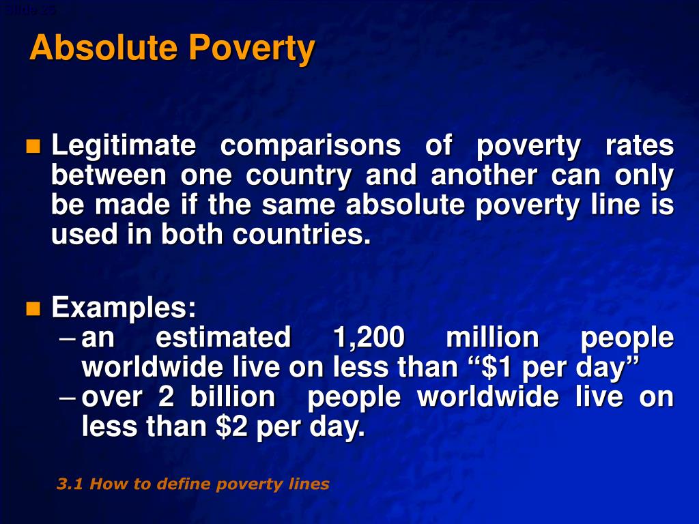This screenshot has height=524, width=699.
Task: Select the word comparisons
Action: point(311,145)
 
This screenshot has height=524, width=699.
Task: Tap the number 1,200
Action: point(368,338)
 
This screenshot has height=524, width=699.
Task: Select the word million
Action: point(491,338)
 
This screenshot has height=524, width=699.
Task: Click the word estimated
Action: point(223,338)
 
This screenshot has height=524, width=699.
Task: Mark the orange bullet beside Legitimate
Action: point(33,146)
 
